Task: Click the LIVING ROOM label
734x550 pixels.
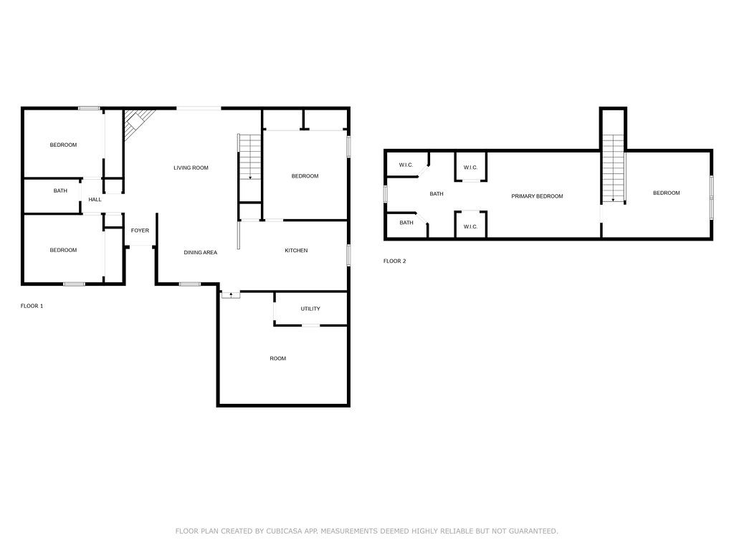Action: (x=191, y=168)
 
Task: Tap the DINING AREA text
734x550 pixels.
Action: (x=200, y=252)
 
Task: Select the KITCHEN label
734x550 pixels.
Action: (x=296, y=251)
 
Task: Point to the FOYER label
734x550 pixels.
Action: (x=140, y=231)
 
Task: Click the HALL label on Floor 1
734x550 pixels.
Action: (x=95, y=200)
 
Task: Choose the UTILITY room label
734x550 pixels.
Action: (x=310, y=309)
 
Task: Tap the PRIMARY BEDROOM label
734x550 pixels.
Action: (x=536, y=196)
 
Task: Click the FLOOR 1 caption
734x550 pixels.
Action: (x=32, y=306)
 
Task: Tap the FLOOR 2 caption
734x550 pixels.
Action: (x=394, y=261)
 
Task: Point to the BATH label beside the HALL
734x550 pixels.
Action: (x=60, y=190)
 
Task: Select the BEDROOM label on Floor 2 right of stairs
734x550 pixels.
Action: (x=666, y=193)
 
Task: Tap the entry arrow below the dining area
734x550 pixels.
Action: (x=231, y=294)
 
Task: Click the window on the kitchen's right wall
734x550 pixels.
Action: (x=348, y=255)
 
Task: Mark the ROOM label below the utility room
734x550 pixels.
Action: (x=277, y=358)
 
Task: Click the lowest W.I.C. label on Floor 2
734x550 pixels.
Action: (x=470, y=226)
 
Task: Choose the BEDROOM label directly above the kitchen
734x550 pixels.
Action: (x=305, y=176)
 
